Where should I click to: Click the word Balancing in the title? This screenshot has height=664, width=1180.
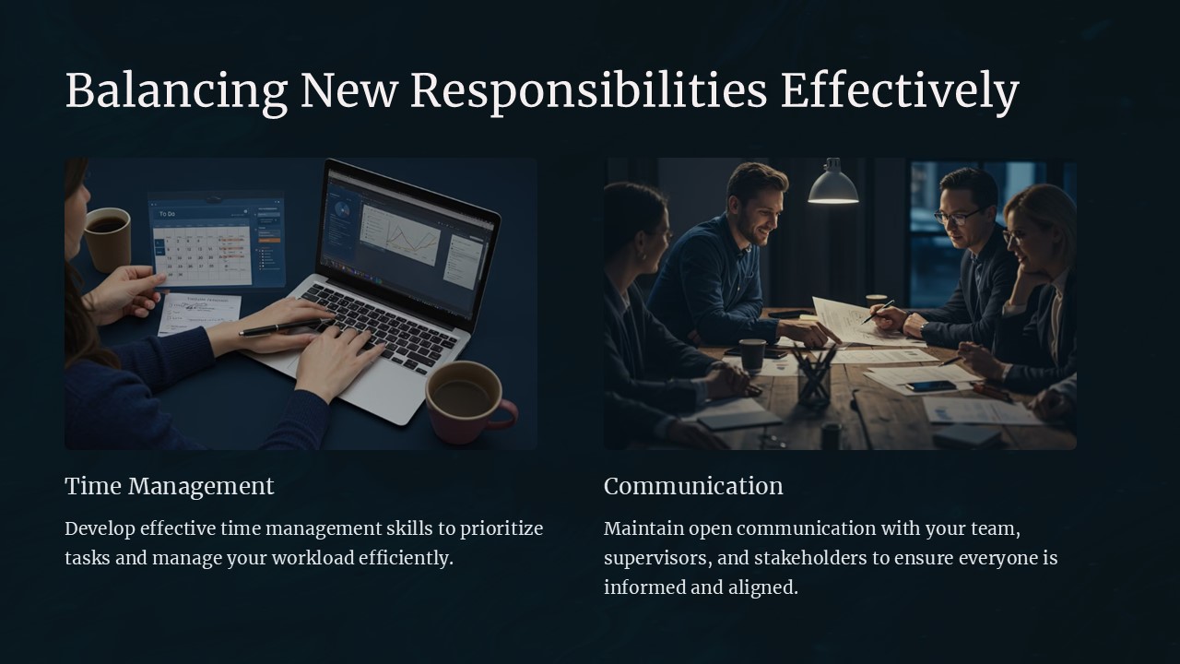pyautogui.click(x=176, y=91)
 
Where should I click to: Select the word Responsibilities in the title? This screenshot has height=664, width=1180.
pyautogui.click(x=588, y=91)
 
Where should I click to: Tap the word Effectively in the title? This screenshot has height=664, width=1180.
pyautogui.click(x=899, y=91)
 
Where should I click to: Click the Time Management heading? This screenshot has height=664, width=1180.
pyautogui.click(x=170, y=486)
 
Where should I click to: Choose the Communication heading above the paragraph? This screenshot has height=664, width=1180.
pyautogui.click(x=693, y=486)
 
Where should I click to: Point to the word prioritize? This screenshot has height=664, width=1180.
pyautogui.click(x=501, y=528)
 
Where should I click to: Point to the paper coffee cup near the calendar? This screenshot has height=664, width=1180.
pyautogui.click(x=108, y=238)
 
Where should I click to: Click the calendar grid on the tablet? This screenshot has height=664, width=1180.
pyautogui.click(x=202, y=255)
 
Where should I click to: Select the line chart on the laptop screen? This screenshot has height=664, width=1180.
pyautogui.click(x=399, y=236)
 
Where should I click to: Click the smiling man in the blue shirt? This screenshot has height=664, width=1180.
pyautogui.click(x=728, y=254)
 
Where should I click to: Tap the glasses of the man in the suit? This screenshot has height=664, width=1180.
pyautogui.click(x=958, y=217)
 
